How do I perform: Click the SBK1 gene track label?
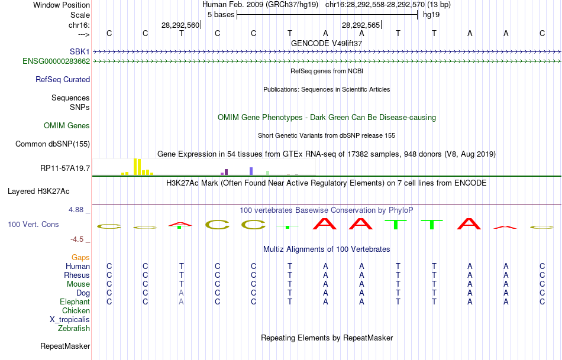coord(80,52)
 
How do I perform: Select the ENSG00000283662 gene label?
coord(56,61)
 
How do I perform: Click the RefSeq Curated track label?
coord(63,80)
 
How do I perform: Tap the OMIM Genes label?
coord(67,126)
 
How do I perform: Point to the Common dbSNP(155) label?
coord(53,144)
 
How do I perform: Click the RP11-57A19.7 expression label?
coord(65,168)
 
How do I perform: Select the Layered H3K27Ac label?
coord(38,192)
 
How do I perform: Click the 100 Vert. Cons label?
coord(33,224)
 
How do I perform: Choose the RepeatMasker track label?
coord(65,346)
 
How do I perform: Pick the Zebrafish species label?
coord(74,328)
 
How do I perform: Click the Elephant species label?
coord(75,301)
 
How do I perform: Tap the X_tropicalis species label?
coord(70,320)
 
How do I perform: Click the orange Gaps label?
coord(80,258)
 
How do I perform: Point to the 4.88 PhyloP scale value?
coord(76,210)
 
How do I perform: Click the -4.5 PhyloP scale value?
coord(77,239)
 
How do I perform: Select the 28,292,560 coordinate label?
coord(180,25)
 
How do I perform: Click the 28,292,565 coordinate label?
coord(361,25)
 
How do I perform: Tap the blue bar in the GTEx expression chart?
coord(251,171)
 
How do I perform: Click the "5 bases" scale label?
coord(221,15)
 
